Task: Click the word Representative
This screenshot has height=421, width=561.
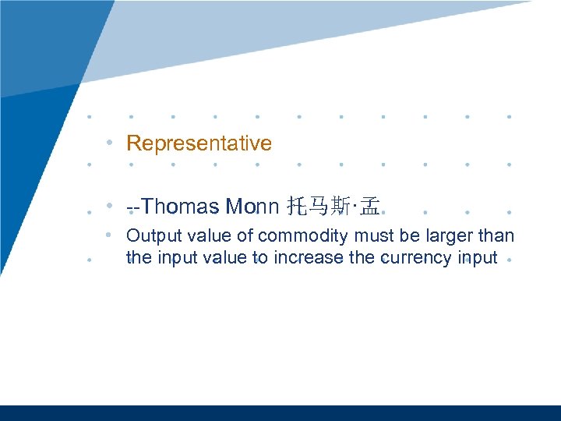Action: pyautogui.click(x=199, y=143)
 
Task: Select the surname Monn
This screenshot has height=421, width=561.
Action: pyautogui.click(x=252, y=207)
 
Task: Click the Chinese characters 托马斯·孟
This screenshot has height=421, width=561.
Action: pyautogui.click(x=333, y=207)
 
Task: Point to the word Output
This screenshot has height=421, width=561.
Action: pyautogui.click(x=152, y=235)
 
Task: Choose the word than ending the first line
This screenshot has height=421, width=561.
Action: pyautogui.click(x=497, y=235)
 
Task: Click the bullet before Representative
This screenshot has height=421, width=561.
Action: pyautogui.click(x=113, y=143)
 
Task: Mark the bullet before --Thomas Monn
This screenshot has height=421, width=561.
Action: pyautogui.click(x=113, y=207)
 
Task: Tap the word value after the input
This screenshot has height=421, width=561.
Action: pyautogui.click(x=224, y=257)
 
